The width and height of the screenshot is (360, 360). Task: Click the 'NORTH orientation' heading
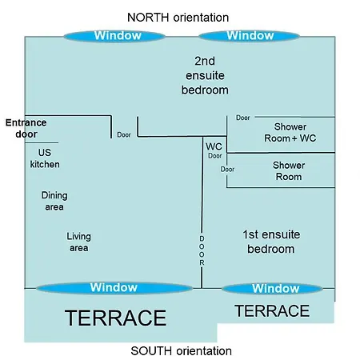[178, 18]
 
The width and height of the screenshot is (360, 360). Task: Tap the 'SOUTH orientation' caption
[181, 351]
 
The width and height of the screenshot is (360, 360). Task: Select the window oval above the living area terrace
[114, 288]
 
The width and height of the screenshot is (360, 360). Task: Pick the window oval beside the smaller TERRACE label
[272, 289]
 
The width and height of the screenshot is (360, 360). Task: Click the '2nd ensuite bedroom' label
[205, 75]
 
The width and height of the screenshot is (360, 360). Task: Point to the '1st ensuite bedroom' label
[271, 242]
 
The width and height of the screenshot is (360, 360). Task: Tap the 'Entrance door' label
[26, 128]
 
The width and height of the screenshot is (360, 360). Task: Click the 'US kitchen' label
[45, 158]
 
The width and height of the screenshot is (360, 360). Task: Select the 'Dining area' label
[54, 201]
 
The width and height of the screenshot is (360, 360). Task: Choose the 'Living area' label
[78, 242]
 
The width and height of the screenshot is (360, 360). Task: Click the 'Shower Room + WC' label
[290, 133]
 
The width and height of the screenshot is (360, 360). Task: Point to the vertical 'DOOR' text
[202, 250]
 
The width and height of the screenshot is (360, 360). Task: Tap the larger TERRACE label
[115, 318]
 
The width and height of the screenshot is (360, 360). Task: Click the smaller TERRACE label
[272, 311]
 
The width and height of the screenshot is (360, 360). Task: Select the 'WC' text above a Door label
[214, 146]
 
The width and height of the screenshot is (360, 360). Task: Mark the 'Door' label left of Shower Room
[227, 169]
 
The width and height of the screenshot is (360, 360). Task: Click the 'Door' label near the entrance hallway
[124, 134]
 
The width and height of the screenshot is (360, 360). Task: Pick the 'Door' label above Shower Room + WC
[243, 118]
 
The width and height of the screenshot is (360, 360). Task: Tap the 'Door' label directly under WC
[215, 156]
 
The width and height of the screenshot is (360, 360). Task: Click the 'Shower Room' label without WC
[289, 171]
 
